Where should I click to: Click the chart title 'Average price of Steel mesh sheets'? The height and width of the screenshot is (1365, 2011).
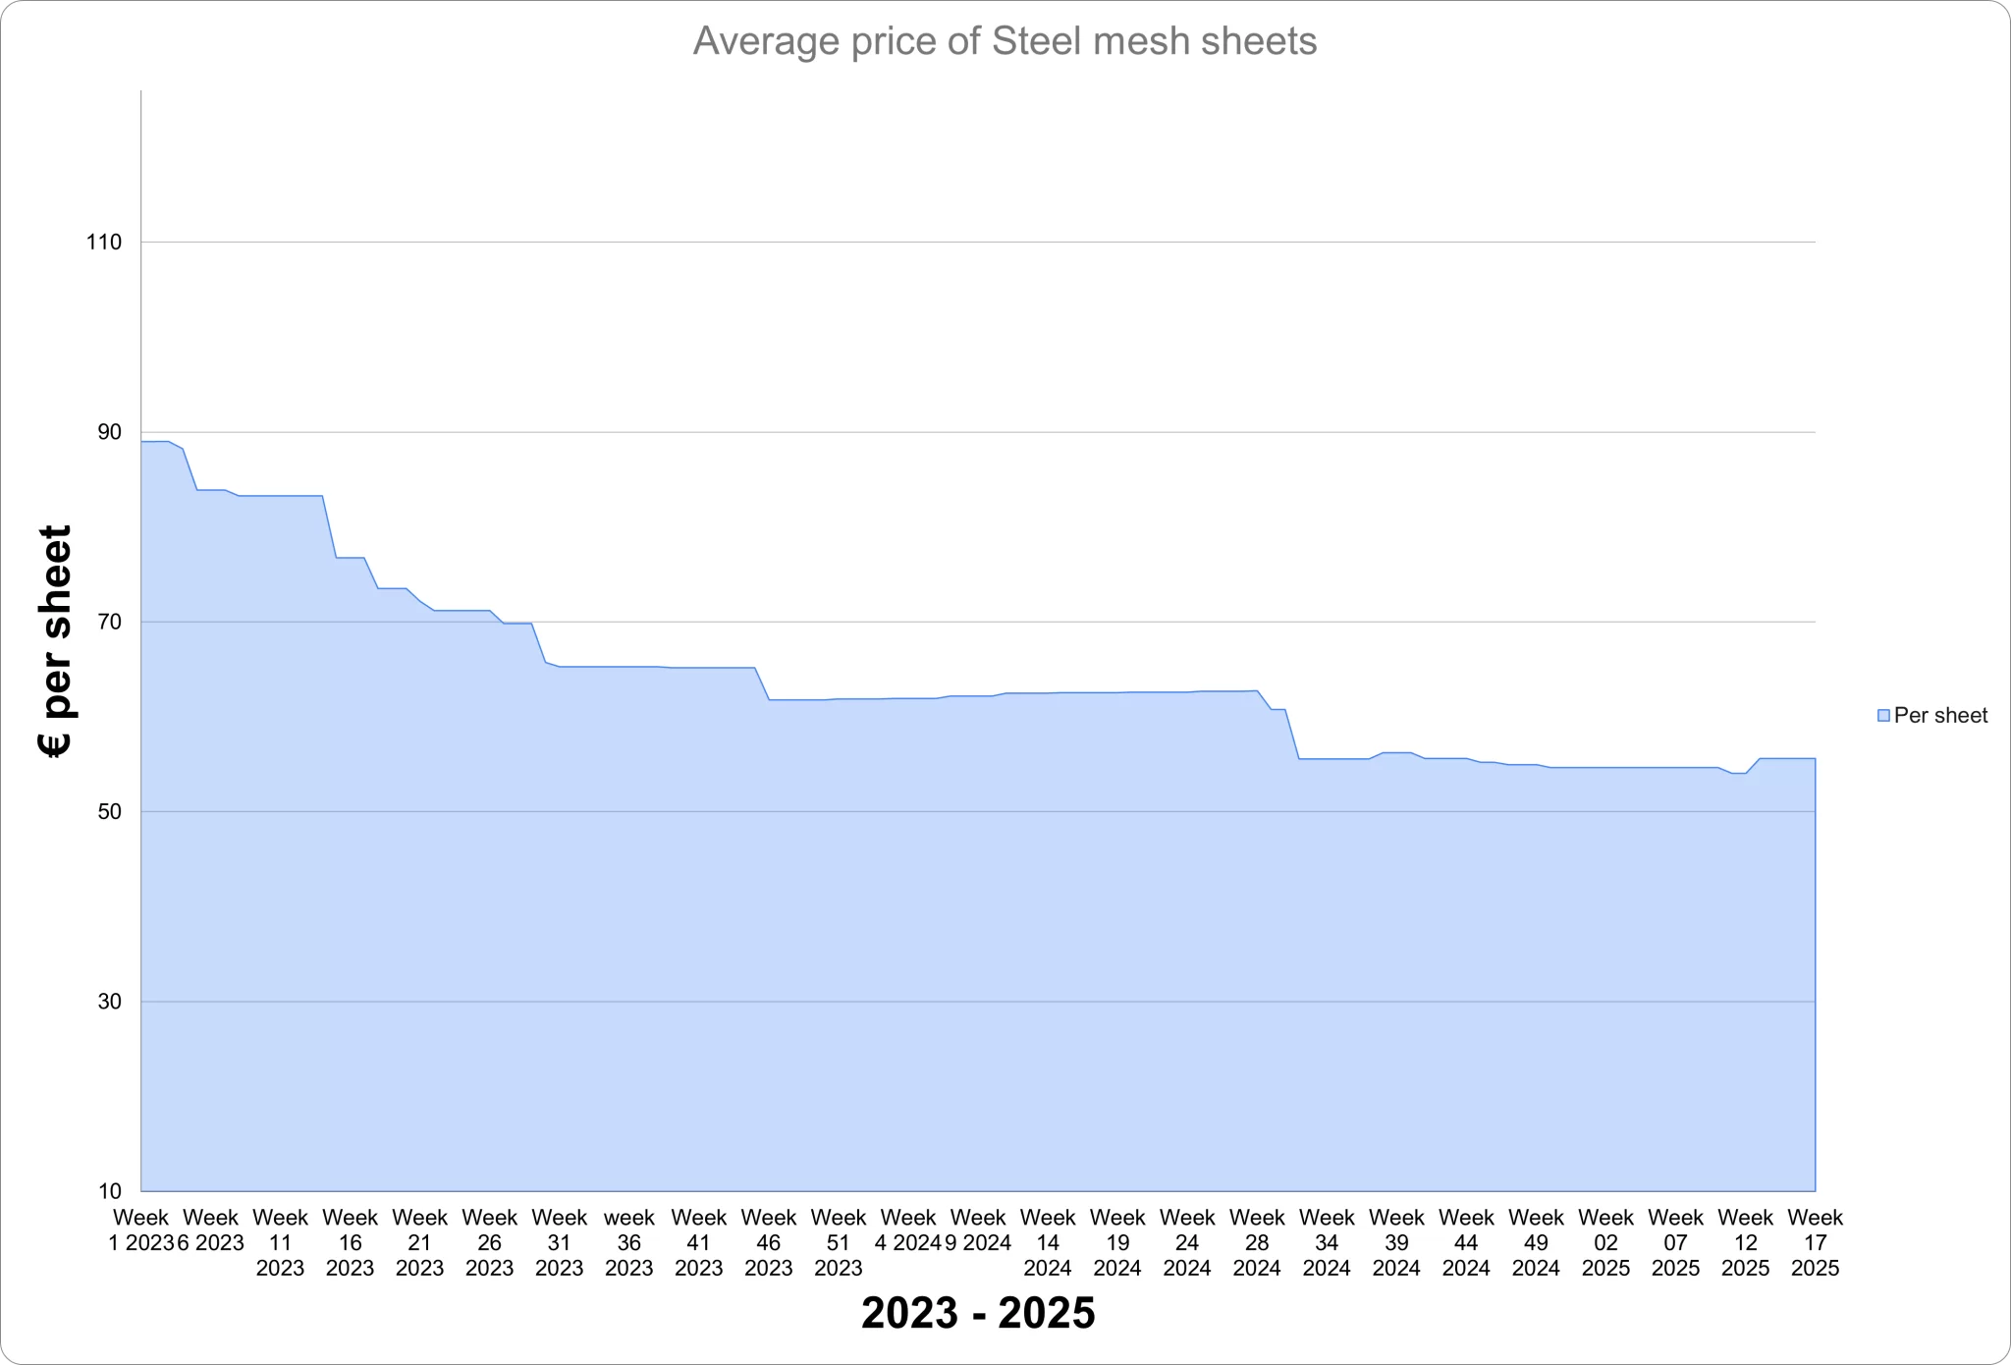1005,41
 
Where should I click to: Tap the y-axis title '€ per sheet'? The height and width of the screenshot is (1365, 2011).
56,641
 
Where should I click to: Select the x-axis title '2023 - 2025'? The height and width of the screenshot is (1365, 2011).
978,1313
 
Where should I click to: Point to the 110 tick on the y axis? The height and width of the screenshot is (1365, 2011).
104,243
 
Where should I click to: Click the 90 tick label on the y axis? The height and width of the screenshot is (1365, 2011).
108,432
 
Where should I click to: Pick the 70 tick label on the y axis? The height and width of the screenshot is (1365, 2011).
108,622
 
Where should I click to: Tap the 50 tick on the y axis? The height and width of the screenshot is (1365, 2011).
108,812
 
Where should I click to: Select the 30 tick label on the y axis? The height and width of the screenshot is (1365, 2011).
108,1002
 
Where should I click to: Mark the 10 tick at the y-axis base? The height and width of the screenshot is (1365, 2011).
108,1191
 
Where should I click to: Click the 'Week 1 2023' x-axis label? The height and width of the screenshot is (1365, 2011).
141,1230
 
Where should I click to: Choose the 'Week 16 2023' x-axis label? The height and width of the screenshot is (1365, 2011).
351,1242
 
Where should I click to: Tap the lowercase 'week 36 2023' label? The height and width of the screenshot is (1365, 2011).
629,1242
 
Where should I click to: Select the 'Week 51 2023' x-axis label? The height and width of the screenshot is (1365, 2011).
839,1242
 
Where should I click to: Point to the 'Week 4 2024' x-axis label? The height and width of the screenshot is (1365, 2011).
908,1230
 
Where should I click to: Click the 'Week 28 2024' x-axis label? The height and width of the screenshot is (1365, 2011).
1257,1242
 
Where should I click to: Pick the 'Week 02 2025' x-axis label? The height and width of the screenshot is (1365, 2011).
1605,1242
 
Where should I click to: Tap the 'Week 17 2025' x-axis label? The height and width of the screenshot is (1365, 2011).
1815,1242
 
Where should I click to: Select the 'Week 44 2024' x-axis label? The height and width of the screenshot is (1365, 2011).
1466,1242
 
